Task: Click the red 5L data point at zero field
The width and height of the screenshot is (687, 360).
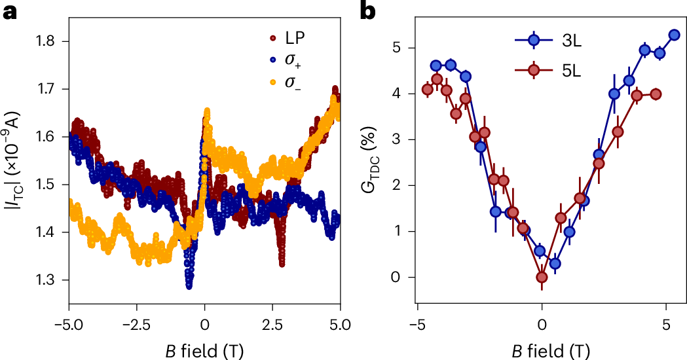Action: (x=542, y=278)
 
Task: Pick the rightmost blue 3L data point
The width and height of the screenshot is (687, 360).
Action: (x=674, y=35)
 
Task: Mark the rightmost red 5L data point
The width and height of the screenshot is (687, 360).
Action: (x=656, y=94)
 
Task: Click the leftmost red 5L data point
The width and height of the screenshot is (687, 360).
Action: (x=428, y=90)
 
